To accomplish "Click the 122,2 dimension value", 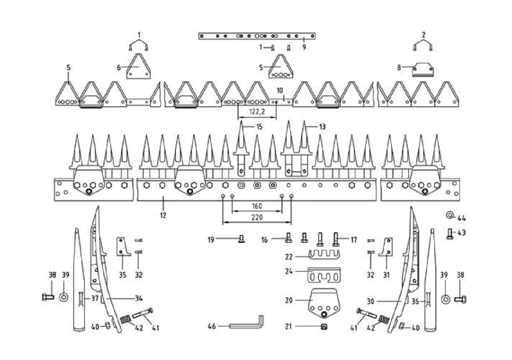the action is pyautogui.click(x=257, y=112).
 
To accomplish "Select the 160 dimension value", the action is pyautogui.click(x=257, y=206).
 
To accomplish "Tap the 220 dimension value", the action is pyautogui.click(x=257, y=217).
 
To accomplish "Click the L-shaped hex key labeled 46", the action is pyautogui.click(x=247, y=323).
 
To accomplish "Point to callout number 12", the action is pyautogui.click(x=163, y=215).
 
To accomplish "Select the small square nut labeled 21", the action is pyautogui.click(x=324, y=327).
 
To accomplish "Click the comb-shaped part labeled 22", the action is pyautogui.click(x=324, y=255).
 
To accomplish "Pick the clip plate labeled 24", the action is pyautogui.click(x=324, y=275).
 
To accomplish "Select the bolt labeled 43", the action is pyautogui.click(x=450, y=234).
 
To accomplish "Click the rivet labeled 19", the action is pyautogui.click(x=241, y=239).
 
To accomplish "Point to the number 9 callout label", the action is pyautogui.click(x=304, y=47).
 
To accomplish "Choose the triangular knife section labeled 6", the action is pyautogui.click(x=138, y=66).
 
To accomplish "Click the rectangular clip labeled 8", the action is pyautogui.click(x=423, y=70).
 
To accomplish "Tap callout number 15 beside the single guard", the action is pyautogui.click(x=260, y=127).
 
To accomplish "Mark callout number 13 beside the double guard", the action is pyautogui.click(x=322, y=127).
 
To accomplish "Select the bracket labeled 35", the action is pyautogui.click(x=124, y=247).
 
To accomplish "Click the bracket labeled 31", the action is pyautogui.click(x=386, y=247).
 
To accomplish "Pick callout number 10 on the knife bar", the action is pyautogui.click(x=280, y=90).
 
